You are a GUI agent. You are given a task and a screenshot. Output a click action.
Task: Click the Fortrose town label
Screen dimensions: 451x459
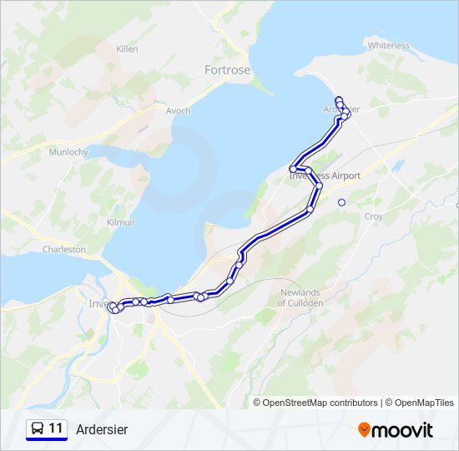227,70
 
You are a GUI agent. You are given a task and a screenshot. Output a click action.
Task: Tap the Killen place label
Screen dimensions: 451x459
127,50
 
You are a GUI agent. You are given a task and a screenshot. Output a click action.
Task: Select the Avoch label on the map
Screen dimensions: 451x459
178,110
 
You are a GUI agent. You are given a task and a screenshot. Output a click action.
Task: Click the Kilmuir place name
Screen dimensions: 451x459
122,223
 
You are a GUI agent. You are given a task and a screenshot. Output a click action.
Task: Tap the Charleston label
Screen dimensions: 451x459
64,249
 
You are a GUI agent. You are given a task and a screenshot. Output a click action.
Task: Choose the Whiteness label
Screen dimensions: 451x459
388,45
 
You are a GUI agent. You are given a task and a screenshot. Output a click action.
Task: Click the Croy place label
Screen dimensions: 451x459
373,216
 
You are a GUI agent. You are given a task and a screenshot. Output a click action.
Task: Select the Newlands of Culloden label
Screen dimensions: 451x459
300,297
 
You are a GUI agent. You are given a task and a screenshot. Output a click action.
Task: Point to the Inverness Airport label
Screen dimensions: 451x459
325,176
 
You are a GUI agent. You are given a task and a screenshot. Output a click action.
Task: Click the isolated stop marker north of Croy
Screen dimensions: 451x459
341,202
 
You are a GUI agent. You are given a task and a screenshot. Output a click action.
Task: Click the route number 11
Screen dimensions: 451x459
57,428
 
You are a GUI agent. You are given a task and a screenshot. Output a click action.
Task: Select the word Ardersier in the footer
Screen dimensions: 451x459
102,429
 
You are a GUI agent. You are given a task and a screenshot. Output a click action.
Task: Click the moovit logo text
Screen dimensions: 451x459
403,430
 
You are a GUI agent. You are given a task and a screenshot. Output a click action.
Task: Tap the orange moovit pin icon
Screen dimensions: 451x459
364,430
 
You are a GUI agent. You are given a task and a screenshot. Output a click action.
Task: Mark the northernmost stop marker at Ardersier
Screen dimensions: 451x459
338,100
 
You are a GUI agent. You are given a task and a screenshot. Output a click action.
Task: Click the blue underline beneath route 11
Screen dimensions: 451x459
47,440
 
